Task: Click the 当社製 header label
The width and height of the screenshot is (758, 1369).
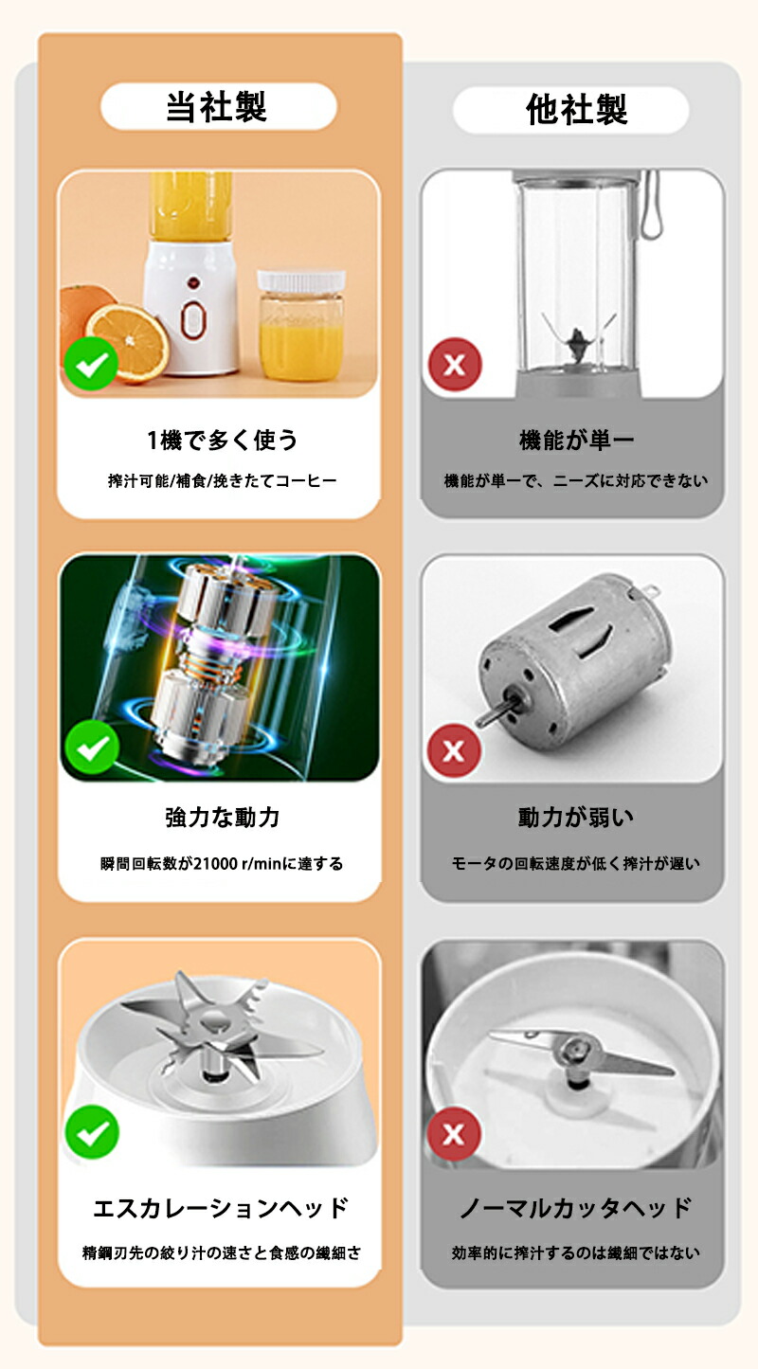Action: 216,107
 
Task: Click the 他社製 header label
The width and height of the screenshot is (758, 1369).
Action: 576,110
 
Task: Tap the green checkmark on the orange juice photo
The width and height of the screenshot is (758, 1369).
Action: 91,364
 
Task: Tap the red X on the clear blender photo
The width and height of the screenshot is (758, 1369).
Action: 455,364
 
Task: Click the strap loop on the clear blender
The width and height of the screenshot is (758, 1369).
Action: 650,205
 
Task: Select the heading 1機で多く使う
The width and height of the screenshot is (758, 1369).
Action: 222,440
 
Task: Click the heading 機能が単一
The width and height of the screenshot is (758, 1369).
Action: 576,440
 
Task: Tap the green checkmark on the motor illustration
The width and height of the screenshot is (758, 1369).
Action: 92,747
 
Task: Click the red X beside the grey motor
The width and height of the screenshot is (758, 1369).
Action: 454,750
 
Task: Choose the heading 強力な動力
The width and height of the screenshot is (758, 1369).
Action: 222,817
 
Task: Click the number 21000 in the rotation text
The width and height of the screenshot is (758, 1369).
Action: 215,864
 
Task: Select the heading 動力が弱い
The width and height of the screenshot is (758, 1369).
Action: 576,817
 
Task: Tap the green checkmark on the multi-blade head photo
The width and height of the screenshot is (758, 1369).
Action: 92,1132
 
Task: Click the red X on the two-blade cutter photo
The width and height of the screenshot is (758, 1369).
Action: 454,1134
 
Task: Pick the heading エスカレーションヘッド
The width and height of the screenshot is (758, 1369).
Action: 221,1208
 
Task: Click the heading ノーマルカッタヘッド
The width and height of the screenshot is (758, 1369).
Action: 576,1208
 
